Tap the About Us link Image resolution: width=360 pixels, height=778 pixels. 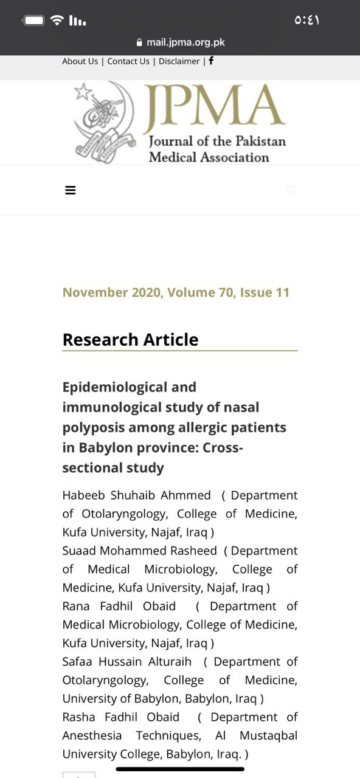click(x=80, y=61)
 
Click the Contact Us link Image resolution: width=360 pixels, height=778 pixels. click(x=128, y=61)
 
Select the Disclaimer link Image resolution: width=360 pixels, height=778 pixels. click(x=179, y=61)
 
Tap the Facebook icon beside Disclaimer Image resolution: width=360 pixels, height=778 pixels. click(x=211, y=61)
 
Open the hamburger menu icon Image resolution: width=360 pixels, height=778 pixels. click(x=71, y=190)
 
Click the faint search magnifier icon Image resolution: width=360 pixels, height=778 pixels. click(x=291, y=190)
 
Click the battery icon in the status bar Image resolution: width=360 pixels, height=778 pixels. click(x=33, y=20)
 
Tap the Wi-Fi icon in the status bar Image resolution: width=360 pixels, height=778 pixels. click(x=57, y=20)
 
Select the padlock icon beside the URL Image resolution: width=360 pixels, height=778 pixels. click(x=139, y=43)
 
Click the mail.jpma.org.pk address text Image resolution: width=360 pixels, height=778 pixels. click(x=185, y=43)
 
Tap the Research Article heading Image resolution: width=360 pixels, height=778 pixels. click(x=130, y=340)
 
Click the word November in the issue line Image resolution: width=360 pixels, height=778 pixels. click(x=95, y=292)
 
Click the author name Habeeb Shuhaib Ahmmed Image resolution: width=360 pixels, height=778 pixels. click(x=136, y=495)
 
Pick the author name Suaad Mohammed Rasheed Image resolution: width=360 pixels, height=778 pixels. click(x=139, y=551)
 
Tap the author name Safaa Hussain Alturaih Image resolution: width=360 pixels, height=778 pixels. click(x=126, y=661)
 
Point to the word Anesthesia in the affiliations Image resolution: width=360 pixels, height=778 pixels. click(x=92, y=735)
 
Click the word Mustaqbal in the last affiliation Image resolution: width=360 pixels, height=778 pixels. click(x=268, y=735)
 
